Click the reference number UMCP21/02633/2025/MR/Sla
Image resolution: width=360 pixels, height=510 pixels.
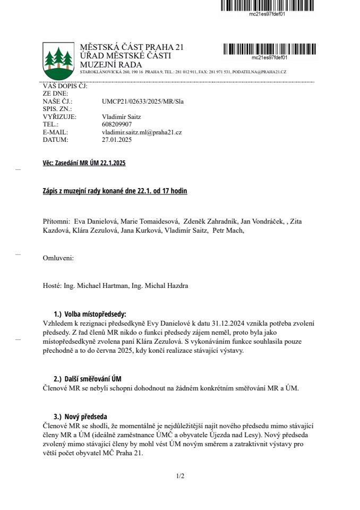click(x=142, y=101)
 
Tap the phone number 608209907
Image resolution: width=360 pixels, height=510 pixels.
click(x=117, y=124)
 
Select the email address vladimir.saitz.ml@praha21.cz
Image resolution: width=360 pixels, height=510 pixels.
click(x=142, y=132)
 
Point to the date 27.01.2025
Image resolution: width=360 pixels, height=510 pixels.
click(x=117, y=140)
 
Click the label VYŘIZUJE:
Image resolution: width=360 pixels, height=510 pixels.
click(x=59, y=117)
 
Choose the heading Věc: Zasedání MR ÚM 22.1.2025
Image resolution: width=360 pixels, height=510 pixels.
click(x=84, y=164)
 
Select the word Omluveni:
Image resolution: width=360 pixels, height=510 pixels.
click(x=58, y=258)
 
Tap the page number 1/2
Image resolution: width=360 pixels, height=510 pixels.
click(x=180, y=476)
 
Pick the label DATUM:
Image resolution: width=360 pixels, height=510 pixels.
click(x=55, y=140)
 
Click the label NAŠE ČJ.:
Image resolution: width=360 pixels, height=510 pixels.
click(x=57, y=101)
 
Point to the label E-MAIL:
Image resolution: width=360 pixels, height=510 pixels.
click(x=55, y=132)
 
